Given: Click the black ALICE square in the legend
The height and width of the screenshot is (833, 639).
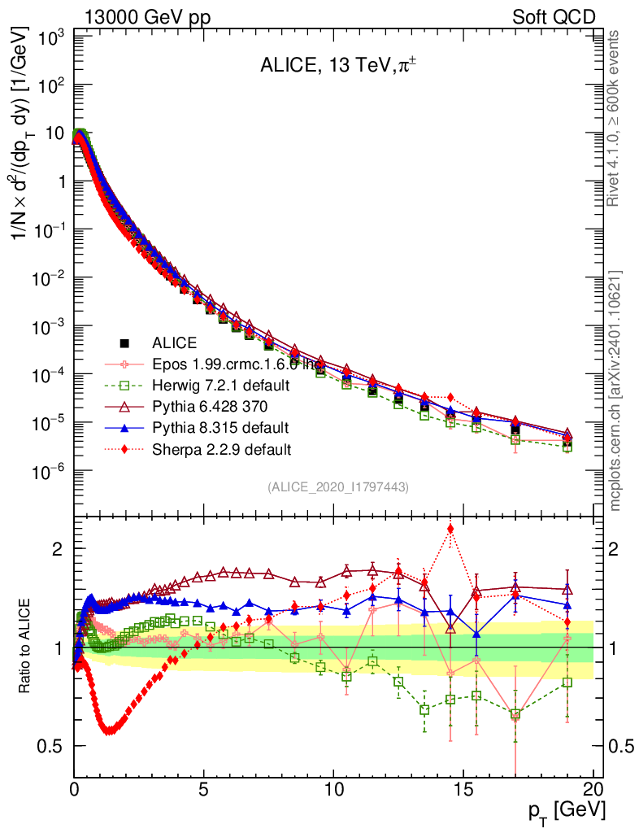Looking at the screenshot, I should (x=124, y=343).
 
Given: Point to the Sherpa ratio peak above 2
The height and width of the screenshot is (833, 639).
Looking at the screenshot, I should (x=450, y=530).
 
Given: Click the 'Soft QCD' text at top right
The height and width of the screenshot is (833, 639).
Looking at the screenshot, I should (x=554, y=17).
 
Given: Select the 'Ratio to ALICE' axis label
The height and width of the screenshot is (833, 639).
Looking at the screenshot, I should (x=26, y=646).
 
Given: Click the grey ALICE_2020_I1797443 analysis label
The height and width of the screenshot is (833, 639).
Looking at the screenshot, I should (x=337, y=486).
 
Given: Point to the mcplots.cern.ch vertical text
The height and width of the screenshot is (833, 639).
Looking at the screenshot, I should (x=616, y=390).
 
